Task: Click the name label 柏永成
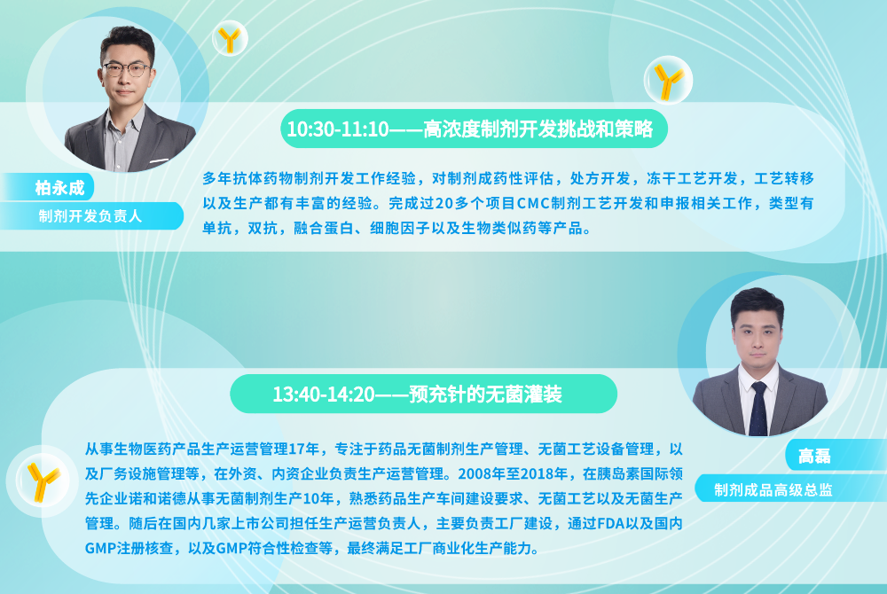(x=59, y=188)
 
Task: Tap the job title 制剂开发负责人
(x=90, y=216)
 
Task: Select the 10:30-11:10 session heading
(x=469, y=129)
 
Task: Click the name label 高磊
(x=814, y=456)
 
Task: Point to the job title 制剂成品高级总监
(x=773, y=489)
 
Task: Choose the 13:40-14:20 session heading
(x=418, y=394)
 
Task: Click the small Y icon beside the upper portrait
(x=230, y=39)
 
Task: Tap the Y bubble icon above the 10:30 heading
(x=668, y=81)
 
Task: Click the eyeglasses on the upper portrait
(x=127, y=69)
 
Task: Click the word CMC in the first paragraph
(x=533, y=203)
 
